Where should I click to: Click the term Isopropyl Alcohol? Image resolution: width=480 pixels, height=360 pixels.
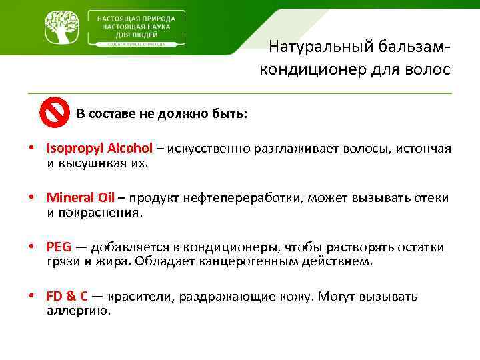click(99, 148)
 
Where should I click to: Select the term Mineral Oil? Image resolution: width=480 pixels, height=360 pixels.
click(81, 197)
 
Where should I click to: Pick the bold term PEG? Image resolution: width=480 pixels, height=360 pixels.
click(59, 247)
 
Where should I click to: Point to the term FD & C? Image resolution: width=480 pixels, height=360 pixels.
click(67, 296)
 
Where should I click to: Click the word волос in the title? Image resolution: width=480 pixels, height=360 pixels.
click(429, 70)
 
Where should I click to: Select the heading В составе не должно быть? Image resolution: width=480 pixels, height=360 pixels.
click(162, 113)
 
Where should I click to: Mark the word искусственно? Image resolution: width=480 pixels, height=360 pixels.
click(209, 148)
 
